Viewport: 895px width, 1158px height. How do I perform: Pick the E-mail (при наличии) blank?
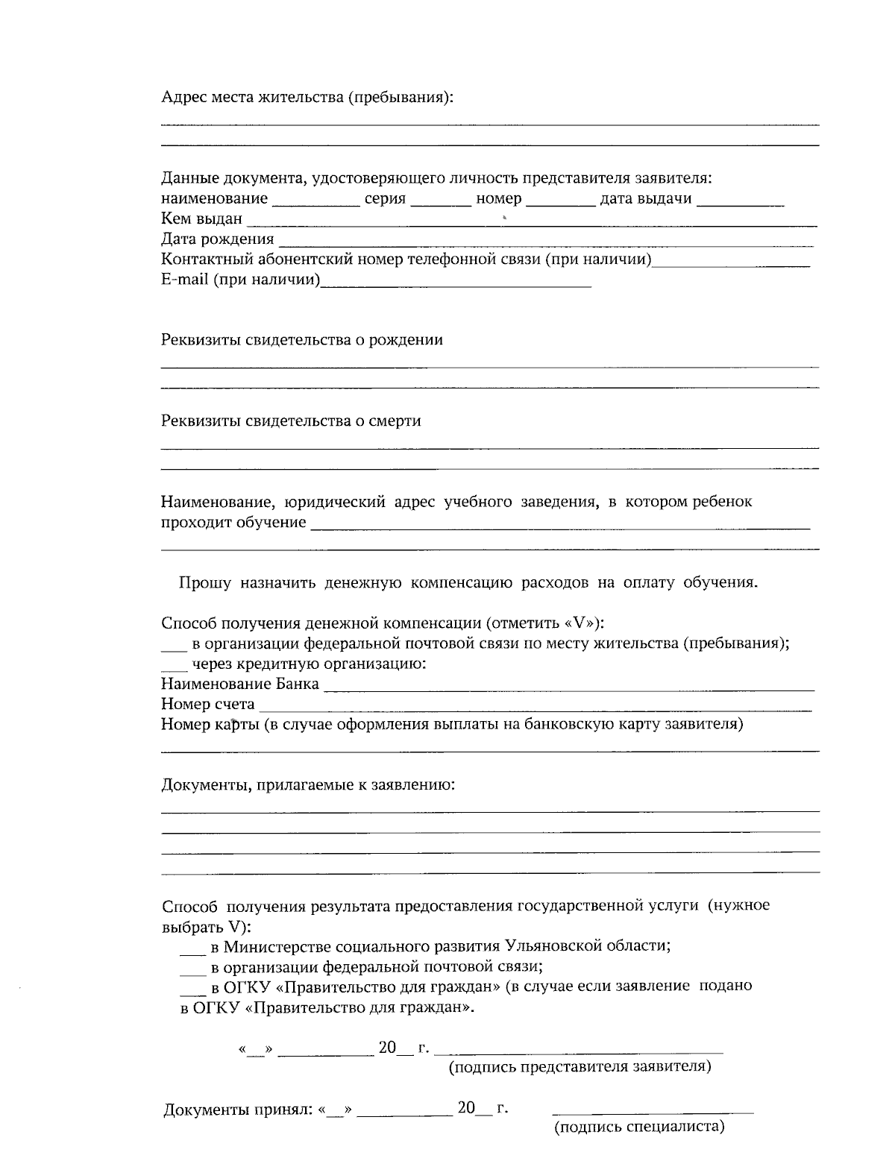tap(456, 284)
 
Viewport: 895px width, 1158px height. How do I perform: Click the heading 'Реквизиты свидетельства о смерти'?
tap(291, 421)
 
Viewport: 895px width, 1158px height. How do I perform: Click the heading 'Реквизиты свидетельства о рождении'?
tap(302, 341)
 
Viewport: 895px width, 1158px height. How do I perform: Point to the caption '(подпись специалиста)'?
tap(638, 1127)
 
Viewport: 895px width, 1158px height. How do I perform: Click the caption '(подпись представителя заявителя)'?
tap(580, 1067)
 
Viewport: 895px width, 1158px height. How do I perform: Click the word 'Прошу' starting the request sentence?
tap(204, 583)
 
